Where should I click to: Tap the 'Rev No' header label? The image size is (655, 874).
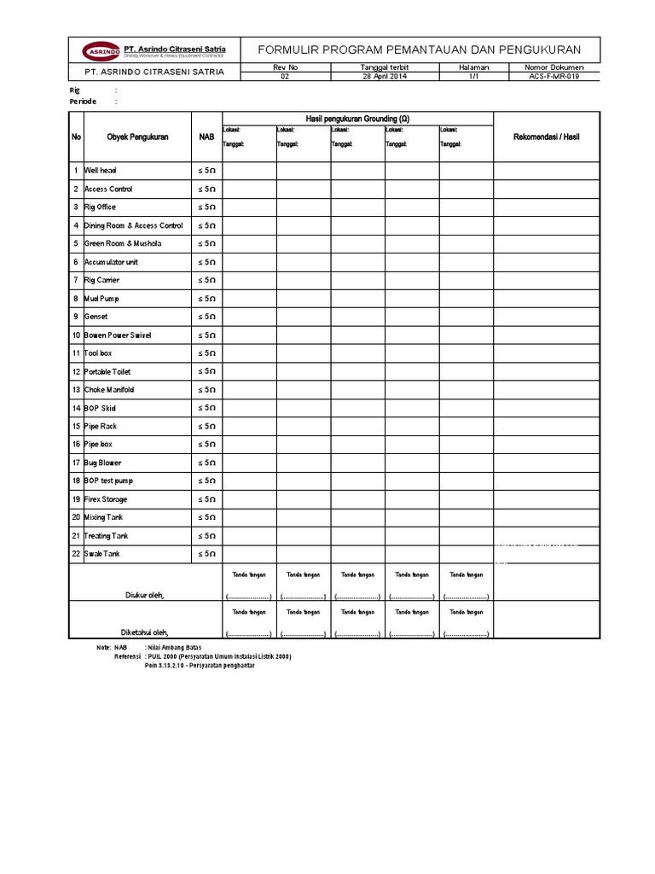[x=285, y=67]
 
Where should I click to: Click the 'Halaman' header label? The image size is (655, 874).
[x=474, y=67]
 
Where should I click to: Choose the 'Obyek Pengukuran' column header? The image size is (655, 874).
[x=137, y=137]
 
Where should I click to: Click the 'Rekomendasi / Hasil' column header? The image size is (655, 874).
[x=546, y=137]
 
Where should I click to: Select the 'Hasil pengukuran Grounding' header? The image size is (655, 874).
[x=357, y=119]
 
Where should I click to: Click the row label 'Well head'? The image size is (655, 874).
[x=100, y=171]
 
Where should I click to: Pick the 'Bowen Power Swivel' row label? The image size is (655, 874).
[x=118, y=335]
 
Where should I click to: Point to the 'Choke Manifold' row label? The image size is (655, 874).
[x=109, y=390]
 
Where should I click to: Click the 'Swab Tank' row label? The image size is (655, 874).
[x=101, y=554]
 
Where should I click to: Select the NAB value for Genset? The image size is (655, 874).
[x=206, y=317]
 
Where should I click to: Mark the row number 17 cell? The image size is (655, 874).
[x=76, y=463]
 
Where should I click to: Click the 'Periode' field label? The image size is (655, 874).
[x=83, y=102]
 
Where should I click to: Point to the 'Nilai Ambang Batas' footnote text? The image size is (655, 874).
[x=179, y=649]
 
